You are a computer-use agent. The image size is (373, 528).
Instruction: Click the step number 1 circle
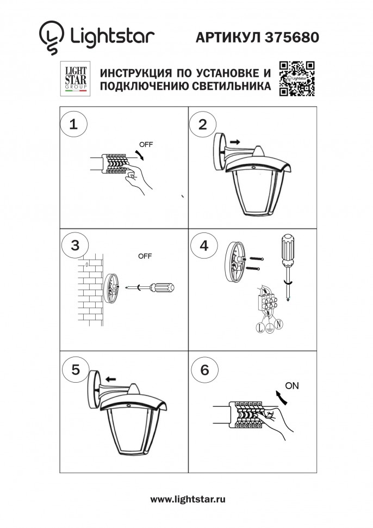pyautogui.click(x=74, y=125)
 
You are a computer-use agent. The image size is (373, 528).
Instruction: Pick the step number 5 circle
pyautogui.click(x=75, y=369)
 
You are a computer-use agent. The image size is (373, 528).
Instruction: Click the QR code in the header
pyautogui.click(x=297, y=79)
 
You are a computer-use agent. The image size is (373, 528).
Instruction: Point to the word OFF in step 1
pyautogui.click(x=146, y=145)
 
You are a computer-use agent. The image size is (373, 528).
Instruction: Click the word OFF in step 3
pyautogui.click(x=145, y=256)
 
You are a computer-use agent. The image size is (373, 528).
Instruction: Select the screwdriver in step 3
pyautogui.click(x=155, y=286)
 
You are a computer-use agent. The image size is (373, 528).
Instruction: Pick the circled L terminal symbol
pyautogui.click(x=259, y=328)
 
